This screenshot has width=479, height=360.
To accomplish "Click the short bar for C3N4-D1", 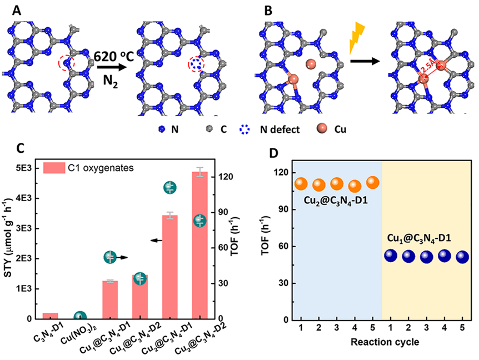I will pos(51,316).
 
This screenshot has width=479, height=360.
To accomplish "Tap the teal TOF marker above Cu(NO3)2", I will pos(80,317).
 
